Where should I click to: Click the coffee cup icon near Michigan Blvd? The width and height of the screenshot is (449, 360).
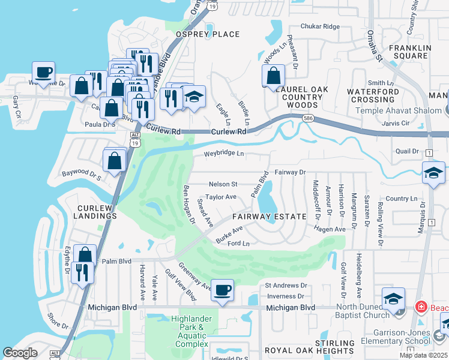pyautogui.click(x=223, y=290)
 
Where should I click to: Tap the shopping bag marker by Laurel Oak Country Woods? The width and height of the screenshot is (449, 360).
pyautogui.click(x=273, y=76)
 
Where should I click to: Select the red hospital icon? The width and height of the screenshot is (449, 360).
pyautogui.click(x=422, y=307)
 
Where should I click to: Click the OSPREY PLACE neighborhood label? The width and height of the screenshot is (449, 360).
pyautogui.click(x=207, y=34)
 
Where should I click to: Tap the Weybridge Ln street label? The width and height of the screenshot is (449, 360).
pyautogui.click(x=224, y=154)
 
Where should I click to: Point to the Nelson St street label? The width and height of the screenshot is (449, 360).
pyautogui.click(x=223, y=184)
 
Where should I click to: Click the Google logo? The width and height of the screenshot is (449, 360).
pyautogui.click(x=20, y=353)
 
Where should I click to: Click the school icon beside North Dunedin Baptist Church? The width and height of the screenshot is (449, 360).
pyautogui.click(x=393, y=298)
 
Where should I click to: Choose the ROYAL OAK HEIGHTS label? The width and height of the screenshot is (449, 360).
pyautogui.click(x=295, y=350)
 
